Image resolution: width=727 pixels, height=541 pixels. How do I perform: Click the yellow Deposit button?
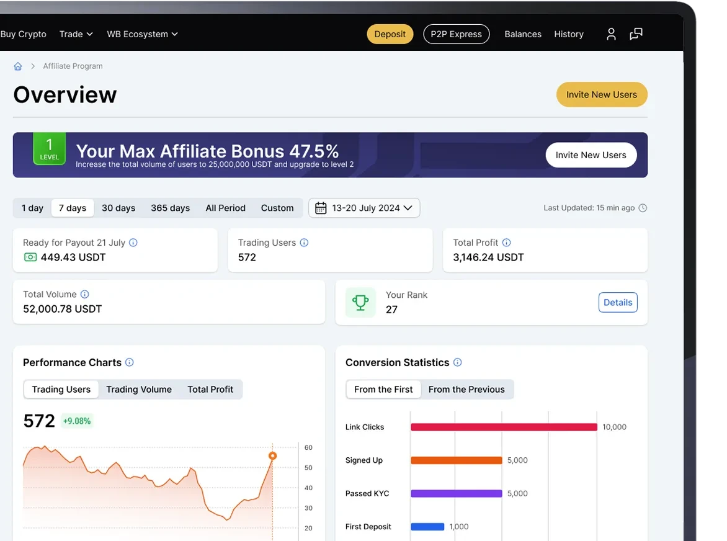[x=390, y=34]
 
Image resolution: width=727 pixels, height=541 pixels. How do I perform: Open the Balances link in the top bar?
[x=522, y=34]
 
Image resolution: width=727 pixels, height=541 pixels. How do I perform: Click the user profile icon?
[x=611, y=34]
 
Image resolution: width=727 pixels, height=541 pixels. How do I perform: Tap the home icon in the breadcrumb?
[x=18, y=66]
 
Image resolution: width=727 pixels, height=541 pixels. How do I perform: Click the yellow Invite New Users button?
[x=601, y=94]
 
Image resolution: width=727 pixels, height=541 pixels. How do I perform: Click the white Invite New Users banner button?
[x=591, y=155]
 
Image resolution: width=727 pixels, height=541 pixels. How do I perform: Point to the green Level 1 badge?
[x=49, y=148]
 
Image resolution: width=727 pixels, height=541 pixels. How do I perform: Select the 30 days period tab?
[x=118, y=208]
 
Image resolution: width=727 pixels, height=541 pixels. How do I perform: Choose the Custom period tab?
[x=277, y=208]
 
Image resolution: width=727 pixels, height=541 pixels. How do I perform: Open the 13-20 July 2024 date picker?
[x=364, y=208]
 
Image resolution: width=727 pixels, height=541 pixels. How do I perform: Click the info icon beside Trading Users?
[x=304, y=243]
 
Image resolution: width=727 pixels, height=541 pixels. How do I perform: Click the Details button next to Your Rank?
[x=618, y=302]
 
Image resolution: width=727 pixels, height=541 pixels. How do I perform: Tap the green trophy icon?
[x=360, y=302]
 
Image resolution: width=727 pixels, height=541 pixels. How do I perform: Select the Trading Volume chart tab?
[x=139, y=390]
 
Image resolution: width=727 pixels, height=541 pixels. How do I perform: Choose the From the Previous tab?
[x=466, y=390]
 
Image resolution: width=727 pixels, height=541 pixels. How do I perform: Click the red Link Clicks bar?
[x=504, y=427]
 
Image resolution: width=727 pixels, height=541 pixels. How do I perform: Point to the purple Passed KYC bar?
[x=456, y=494]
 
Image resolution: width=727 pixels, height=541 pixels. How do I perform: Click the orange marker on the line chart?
[x=273, y=456]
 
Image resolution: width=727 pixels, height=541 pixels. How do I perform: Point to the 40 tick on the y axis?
[x=308, y=488]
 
